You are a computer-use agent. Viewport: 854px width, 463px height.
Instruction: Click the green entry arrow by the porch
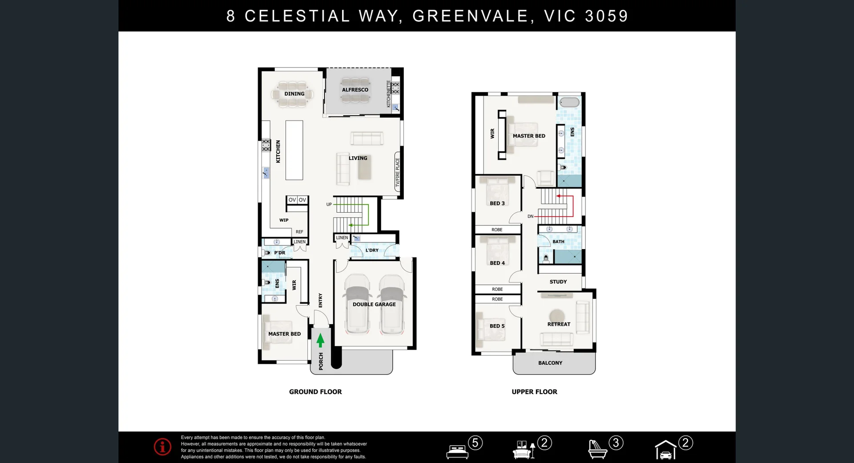tap(320, 341)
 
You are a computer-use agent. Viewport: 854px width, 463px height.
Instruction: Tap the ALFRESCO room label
tap(355, 90)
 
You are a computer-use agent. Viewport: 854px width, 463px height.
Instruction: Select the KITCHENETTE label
tap(388, 93)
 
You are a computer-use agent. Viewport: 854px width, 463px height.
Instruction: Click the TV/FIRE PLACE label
tap(398, 173)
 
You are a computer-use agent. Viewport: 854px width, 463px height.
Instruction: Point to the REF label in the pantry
tap(299, 232)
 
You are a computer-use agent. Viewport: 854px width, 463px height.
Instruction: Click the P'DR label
tap(279, 253)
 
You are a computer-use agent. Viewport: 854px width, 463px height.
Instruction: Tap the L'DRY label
tap(372, 250)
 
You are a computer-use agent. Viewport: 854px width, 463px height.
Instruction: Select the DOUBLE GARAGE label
tap(374, 305)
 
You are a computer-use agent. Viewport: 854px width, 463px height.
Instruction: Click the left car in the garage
tap(357, 304)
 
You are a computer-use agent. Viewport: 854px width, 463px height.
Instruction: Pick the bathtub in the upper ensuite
tap(569, 102)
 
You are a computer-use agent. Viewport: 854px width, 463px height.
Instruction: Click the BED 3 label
tap(497, 203)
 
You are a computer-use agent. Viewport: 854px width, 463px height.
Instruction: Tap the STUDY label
tap(558, 282)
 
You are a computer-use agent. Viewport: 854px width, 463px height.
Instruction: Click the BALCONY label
tap(550, 363)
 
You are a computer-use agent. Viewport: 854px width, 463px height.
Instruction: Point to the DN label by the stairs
tap(530, 217)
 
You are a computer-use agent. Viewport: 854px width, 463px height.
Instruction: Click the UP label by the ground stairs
tap(329, 205)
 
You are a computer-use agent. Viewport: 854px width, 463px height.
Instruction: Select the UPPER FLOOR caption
tap(534, 392)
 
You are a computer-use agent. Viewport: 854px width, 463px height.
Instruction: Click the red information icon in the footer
tap(162, 447)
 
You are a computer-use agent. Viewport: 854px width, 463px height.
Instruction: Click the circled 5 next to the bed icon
tap(475, 443)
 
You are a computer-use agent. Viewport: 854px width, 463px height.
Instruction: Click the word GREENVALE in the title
tap(470, 16)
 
